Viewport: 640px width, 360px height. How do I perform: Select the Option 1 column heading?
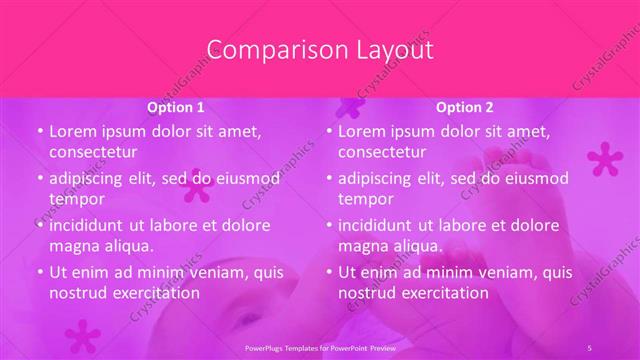point(176,107)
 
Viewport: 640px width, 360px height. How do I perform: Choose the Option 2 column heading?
point(465,107)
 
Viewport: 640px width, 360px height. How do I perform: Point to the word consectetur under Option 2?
point(382,152)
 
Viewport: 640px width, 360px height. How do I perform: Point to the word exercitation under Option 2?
point(443,293)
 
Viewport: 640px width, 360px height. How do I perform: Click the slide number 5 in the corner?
point(590,347)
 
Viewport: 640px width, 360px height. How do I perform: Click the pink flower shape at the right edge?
point(604,158)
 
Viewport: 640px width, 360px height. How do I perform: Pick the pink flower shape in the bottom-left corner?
point(82,335)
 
